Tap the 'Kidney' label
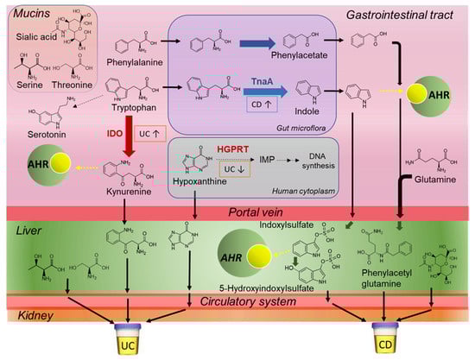click(26, 317)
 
